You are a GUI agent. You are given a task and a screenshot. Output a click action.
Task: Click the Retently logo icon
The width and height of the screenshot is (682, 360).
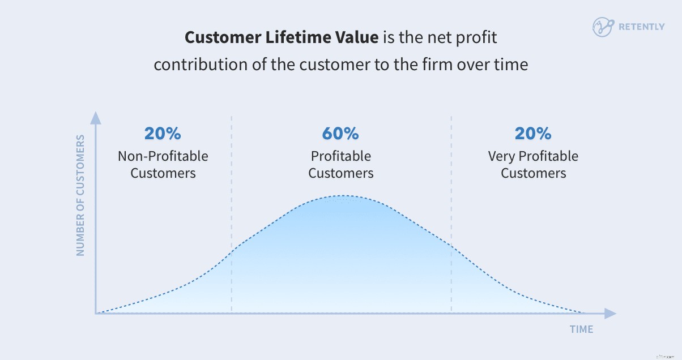603,27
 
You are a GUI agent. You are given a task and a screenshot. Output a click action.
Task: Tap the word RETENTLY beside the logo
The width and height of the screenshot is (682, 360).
642,27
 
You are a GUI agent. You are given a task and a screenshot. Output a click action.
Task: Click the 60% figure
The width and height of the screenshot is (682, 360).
340,134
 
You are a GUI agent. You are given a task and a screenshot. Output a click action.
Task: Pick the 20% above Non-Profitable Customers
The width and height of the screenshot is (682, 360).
163,134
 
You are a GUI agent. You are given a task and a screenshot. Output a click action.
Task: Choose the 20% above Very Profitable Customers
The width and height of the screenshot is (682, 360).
533,134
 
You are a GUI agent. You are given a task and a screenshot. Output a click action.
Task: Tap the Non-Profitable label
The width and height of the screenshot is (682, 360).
163,156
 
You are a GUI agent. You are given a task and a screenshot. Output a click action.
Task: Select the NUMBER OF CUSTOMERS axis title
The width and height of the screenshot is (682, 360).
80,195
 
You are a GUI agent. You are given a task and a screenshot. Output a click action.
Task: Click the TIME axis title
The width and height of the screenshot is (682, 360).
582,329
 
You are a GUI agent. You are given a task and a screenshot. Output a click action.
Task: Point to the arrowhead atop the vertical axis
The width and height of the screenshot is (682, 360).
96,118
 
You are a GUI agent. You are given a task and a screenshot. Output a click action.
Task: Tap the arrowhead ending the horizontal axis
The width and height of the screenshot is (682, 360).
609,313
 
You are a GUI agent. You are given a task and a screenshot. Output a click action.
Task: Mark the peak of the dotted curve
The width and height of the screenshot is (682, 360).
341,196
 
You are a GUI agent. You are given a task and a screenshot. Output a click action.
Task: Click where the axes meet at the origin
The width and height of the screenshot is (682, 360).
96,313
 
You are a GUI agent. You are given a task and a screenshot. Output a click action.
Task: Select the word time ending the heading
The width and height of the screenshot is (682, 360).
510,65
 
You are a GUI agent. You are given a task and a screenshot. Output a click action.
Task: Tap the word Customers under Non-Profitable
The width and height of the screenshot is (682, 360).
163,173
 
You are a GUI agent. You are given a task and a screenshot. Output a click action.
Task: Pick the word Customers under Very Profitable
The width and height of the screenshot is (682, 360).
533,173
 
